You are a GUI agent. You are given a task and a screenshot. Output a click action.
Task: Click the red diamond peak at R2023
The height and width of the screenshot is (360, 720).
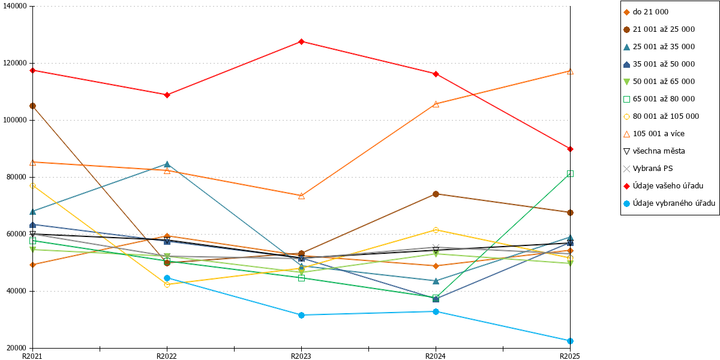point(301,42)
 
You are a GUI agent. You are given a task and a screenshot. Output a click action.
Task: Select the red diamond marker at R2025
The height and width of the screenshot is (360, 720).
point(570,149)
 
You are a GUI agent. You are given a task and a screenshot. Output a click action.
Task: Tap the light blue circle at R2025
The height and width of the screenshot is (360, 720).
point(570,341)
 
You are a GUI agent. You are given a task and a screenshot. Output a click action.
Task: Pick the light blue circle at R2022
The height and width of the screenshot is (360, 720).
point(167,278)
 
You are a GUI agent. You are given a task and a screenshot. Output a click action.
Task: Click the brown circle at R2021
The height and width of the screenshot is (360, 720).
point(32,106)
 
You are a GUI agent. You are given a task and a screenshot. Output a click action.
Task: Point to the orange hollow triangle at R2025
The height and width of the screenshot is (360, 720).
point(570,71)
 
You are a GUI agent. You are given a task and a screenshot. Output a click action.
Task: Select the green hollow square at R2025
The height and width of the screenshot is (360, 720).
point(570,174)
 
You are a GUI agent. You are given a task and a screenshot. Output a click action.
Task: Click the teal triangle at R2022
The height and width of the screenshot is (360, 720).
point(167,164)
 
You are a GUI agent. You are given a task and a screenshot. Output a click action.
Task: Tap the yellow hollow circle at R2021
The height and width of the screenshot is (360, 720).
point(32,186)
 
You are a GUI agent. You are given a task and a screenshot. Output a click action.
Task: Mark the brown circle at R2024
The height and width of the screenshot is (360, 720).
point(436,194)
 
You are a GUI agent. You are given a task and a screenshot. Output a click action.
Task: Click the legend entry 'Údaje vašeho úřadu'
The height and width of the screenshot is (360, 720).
point(664,186)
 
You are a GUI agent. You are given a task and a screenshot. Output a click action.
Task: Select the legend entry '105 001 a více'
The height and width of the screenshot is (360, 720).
point(654,134)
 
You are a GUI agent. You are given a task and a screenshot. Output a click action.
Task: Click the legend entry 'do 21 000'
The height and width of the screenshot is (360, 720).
point(646,12)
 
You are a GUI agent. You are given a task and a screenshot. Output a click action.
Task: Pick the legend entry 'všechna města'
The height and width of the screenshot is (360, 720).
point(654,151)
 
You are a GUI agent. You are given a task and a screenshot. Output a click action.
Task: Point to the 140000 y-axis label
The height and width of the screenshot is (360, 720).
point(15,6)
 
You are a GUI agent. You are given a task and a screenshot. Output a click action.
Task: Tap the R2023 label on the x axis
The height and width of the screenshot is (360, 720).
point(301,356)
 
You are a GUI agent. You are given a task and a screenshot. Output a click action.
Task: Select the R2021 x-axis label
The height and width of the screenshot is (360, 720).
point(32,356)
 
